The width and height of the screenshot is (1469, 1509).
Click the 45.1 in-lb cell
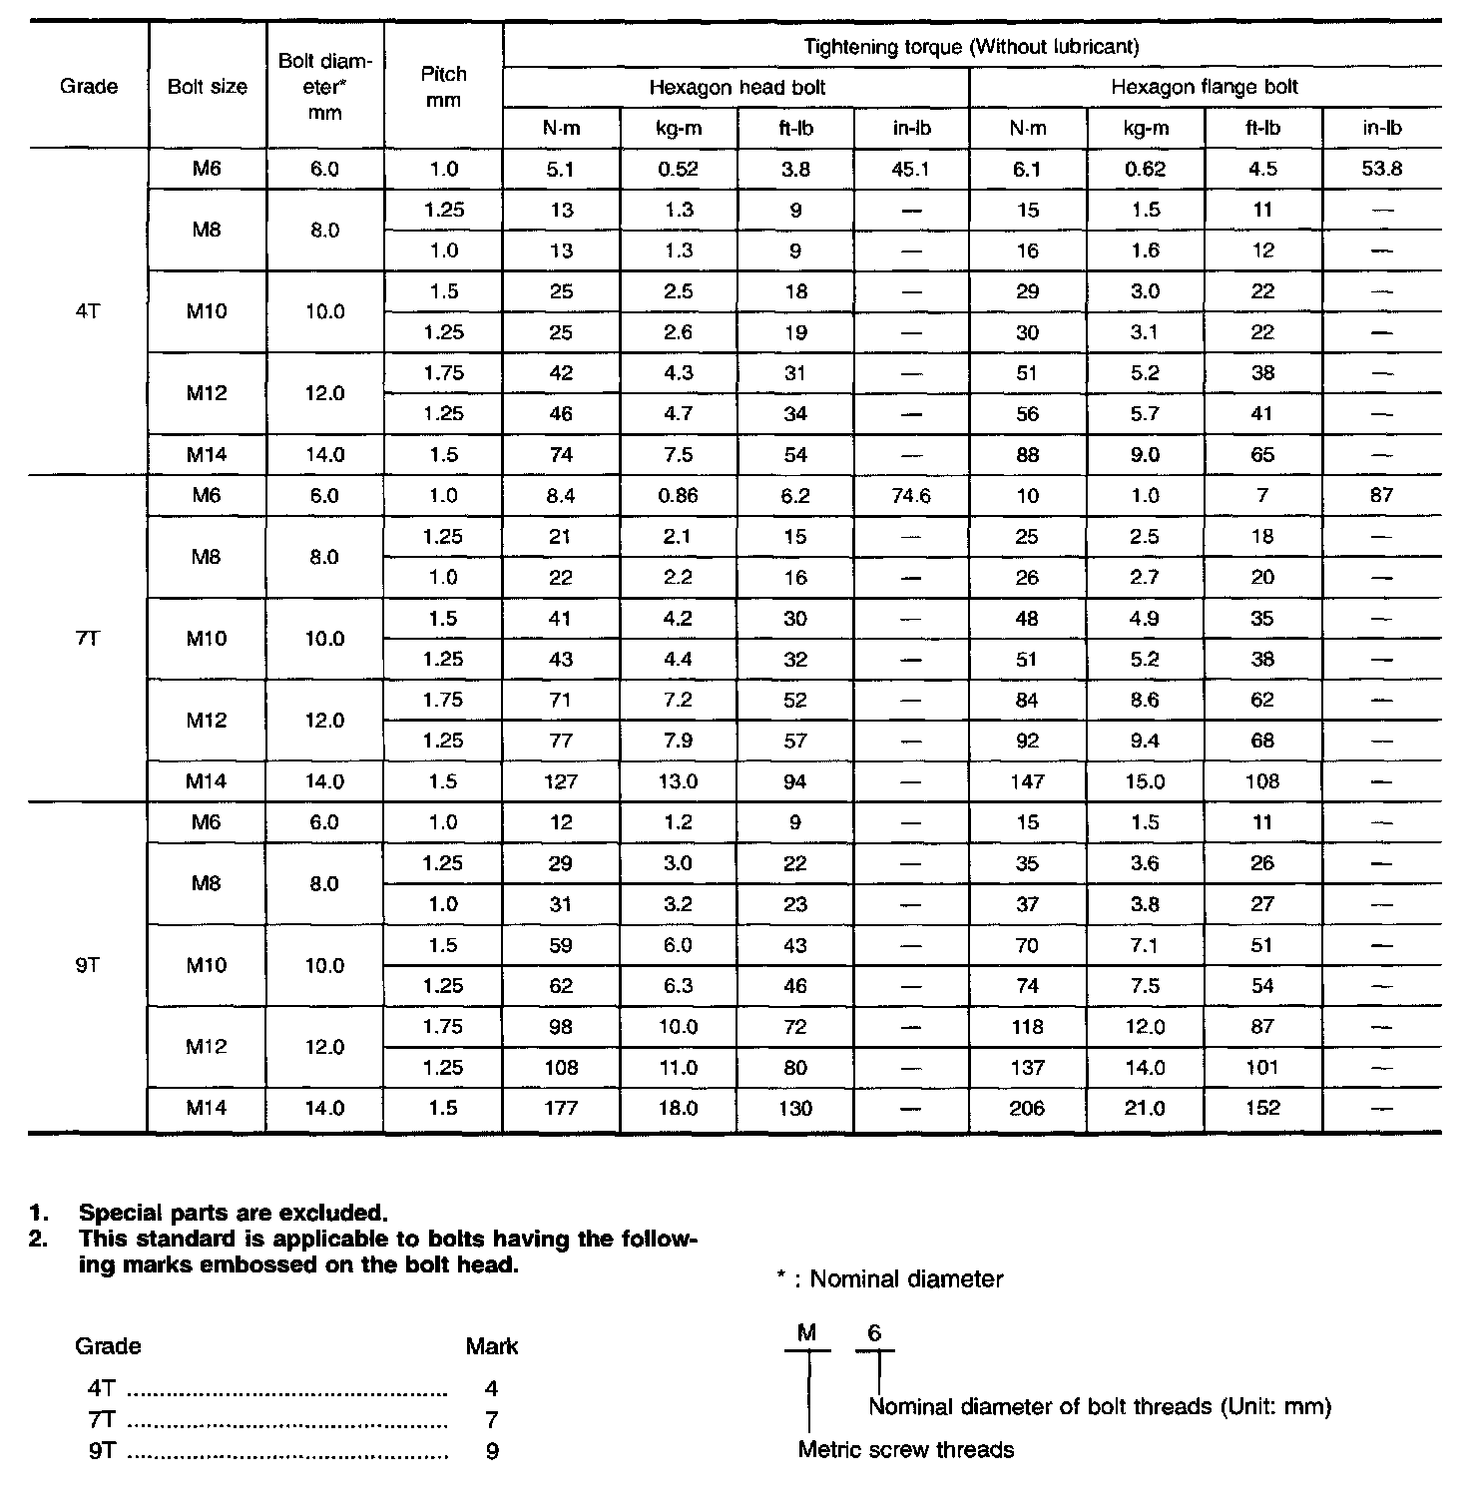point(910,169)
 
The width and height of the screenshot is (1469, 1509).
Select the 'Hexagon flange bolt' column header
point(1205,87)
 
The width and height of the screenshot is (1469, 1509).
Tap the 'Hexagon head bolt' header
point(736,87)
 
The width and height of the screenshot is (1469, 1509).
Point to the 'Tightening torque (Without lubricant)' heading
point(971,46)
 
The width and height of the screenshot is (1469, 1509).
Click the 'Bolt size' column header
point(207,87)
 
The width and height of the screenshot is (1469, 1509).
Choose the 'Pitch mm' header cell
point(443,87)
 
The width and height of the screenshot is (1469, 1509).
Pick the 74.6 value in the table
point(910,495)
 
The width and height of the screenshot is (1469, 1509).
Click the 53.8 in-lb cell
point(1381,169)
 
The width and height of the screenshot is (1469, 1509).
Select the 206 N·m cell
point(1027,1108)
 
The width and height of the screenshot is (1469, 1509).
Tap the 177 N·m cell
point(561,1108)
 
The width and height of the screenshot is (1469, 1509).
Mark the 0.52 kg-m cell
point(678,169)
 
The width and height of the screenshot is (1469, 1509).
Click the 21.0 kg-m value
point(1145,1108)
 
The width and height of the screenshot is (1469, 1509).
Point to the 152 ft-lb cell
point(1262,1108)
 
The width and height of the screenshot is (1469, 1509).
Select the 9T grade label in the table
point(88,965)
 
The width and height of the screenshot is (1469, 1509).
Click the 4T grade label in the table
point(88,311)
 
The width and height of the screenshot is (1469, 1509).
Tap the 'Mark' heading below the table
point(492,1346)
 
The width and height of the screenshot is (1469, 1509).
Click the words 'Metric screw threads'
point(906,1449)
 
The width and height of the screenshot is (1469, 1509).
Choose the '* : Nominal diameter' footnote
point(889,1278)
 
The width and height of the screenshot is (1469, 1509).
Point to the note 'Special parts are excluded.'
point(233,1214)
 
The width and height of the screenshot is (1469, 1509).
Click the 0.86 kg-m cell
point(678,495)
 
